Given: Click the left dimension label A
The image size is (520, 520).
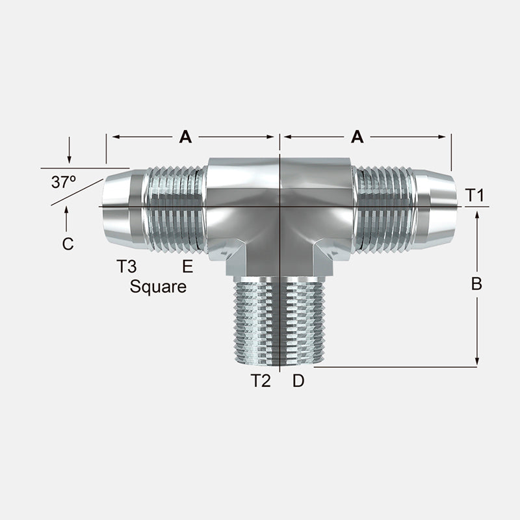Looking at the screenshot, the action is pyautogui.click(x=185, y=136).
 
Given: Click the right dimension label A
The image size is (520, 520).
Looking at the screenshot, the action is pyautogui.click(x=357, y=136).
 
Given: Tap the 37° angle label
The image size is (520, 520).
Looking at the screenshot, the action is pyautogui.click(x=64, y=182).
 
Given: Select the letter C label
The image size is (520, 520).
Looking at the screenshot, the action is pyautogui.click(x=68, y=244).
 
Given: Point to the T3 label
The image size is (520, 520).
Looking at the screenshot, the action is pyautogui.click(x=126, y=266).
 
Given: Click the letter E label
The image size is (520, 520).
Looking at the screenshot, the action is pyautogui.click(x=188, y=266).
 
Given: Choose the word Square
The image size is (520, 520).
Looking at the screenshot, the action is pyautogui.click(x=158, y=287).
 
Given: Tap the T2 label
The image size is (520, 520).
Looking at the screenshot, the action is pyautogui.click(x=261, y=381).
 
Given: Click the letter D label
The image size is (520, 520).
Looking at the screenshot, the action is pyautogui.click(x=298, y=381).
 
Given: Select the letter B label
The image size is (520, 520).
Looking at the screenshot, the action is pyautogui.click(x=476, y=283).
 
